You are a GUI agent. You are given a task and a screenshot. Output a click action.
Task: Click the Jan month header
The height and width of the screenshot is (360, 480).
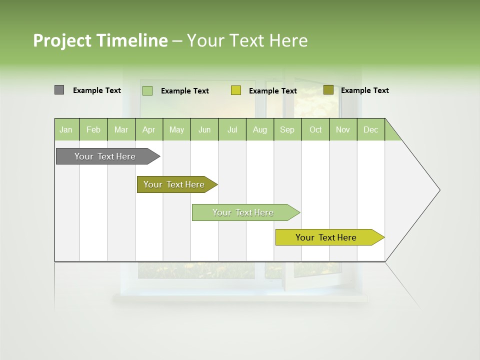pyautogui.click(x=66, y=130)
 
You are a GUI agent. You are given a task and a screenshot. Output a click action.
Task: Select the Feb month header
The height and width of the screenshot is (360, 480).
pyautogui.click(x=93, y=130)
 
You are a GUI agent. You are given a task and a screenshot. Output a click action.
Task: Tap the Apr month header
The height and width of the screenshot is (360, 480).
pyautogui.click(x=148, y=130)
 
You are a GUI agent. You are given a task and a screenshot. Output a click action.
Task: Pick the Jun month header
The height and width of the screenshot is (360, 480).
pyautogui.click(x=204, y=130)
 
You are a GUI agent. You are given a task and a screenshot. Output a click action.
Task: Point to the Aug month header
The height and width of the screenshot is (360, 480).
pyautogui.click(x=259, y=130)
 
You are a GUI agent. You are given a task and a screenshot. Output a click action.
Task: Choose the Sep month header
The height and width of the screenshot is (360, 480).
pyautogui.click(x=287, y=130)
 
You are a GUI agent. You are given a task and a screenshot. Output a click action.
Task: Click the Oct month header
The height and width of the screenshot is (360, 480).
pyautogui.click(x=315, y=130)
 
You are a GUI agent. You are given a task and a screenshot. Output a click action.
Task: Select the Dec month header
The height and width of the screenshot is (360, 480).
pyautogui.click(x=370, y=130)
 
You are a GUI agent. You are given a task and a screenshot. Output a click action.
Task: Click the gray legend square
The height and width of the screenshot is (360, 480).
pyautogui.click(x=59, y=90)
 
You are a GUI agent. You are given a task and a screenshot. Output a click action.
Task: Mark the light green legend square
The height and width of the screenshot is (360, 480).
pyautogui.click(x=147, y=90)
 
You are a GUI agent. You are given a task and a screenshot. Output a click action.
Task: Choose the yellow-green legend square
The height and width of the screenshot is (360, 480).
pyautogui.click(x=236, y=90)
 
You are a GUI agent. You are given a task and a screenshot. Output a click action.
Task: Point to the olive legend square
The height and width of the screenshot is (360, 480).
pyautogui.click(x=328, y=90)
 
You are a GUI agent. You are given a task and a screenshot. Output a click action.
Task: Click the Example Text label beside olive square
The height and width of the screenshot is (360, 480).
pyautogui.click(x=364, y=90)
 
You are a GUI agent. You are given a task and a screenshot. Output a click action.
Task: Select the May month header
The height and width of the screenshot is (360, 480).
pyautogui.click(x=176, y=130)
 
